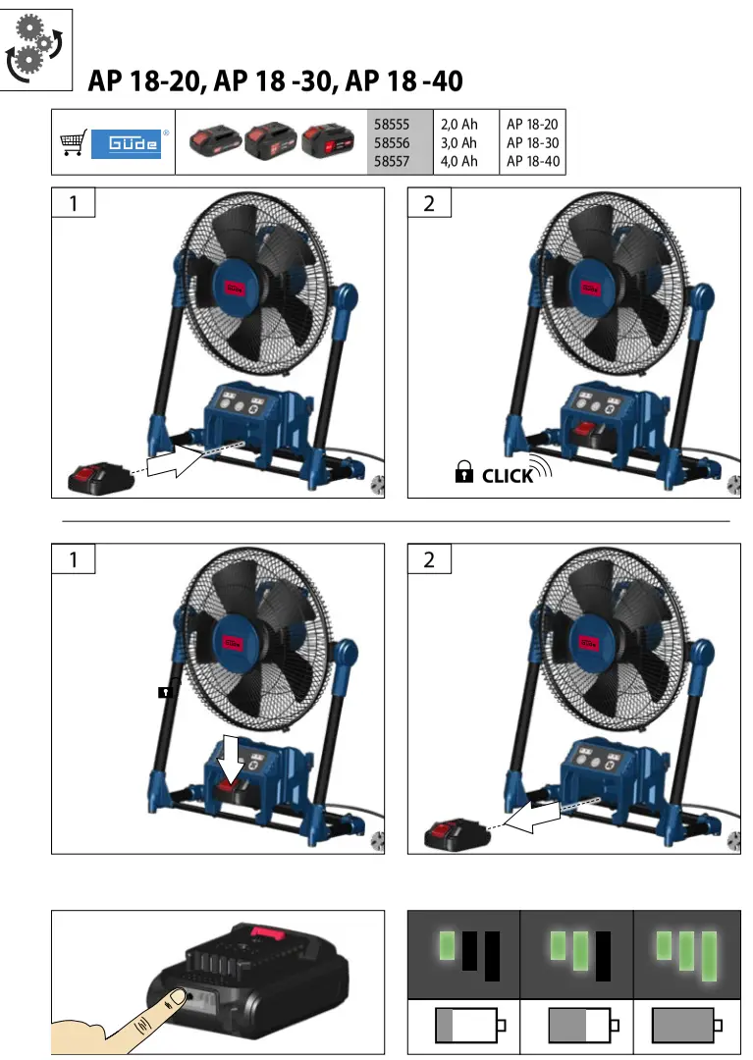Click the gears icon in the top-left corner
(x=36, y=48)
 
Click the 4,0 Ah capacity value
(x=458, y=161)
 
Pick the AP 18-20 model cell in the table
(x=532, y=124)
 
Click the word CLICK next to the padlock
(x=508, y=476)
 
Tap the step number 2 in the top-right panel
(x=428, y=203)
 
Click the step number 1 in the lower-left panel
(x=73, y=560)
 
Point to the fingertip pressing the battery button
(x=174, y=1000)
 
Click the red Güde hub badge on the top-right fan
(x=590, y=288)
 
